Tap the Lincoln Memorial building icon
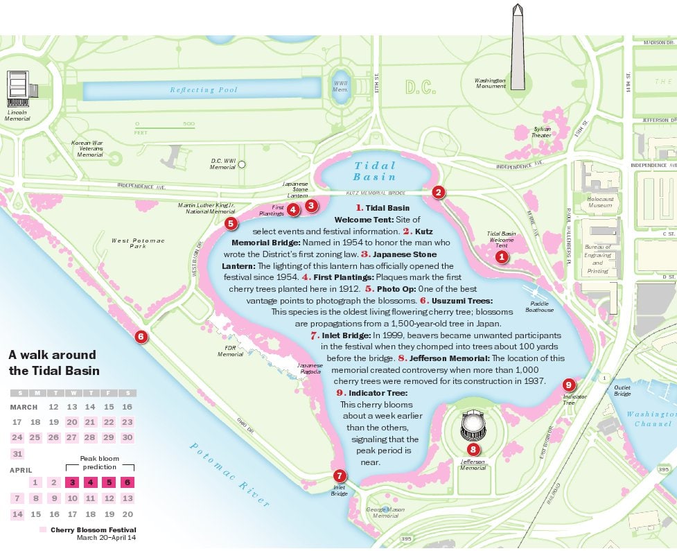pos(18,87)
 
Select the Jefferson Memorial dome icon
pos(473,424)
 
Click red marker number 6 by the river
pos(141,337)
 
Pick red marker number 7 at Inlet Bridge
pos(339,475)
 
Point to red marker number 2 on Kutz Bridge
pos(438,192)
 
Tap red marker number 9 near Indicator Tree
pos(569,385)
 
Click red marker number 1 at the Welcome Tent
pos(502,256)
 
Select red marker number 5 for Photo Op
pos(231,223)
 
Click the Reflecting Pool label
pos(204,90)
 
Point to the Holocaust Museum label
pos(599,202)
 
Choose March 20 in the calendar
pos(72,422)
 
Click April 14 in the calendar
pos(18,514)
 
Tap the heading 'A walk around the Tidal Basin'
pos(54,362)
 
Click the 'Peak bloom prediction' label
pos(100,463)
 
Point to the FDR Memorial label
pos(231,351)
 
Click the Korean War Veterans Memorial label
pos(87,149)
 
